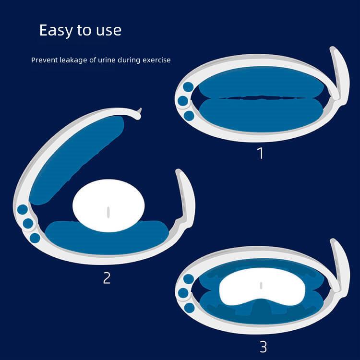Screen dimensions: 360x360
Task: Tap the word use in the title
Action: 108,31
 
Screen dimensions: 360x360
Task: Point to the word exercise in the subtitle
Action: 156,60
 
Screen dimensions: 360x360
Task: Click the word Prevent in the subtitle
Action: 44,60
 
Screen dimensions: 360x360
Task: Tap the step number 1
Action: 260,153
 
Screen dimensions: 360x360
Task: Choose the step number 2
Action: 107,278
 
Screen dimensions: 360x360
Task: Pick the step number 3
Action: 263,347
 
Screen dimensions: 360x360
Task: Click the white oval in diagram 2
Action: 108,205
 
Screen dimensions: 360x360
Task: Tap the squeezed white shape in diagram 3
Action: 262,290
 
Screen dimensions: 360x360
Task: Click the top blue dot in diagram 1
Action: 188,87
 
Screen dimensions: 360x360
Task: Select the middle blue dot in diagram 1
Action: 183,101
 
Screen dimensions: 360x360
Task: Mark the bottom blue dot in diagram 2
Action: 35,238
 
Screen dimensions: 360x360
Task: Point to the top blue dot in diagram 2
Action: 23,210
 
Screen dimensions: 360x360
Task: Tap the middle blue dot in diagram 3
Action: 183,293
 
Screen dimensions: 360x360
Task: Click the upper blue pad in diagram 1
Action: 261,83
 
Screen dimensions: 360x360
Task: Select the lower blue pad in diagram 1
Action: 261,115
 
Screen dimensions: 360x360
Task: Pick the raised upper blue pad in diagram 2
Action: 76,161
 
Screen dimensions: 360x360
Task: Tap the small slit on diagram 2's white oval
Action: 108,212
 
